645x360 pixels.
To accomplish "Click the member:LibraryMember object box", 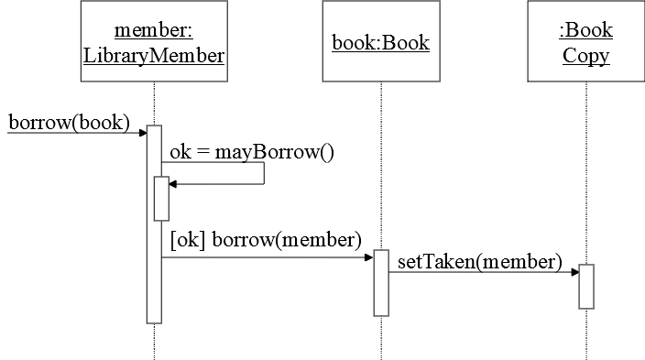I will tap(154, 42).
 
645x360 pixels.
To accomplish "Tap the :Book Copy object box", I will tap(585, 42).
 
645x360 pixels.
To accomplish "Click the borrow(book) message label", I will tap(68, 121).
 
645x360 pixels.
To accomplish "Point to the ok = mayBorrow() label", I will tap(252, 152).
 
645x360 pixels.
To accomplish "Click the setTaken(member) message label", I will tap(479, 262).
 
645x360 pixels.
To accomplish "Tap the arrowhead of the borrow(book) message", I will tap(143, 133).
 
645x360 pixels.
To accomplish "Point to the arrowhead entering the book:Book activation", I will tap(368, 257).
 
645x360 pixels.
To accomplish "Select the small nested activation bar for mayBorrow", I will tap(161, 199).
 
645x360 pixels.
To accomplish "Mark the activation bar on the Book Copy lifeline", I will tap(585, 286).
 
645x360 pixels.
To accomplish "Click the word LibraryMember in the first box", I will tap(154, 55).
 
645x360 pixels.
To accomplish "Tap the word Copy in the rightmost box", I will tap(585, 55).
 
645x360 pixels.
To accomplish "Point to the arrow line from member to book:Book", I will tap(266, 257).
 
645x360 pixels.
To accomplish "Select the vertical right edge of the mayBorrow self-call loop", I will tap(265, 174).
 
